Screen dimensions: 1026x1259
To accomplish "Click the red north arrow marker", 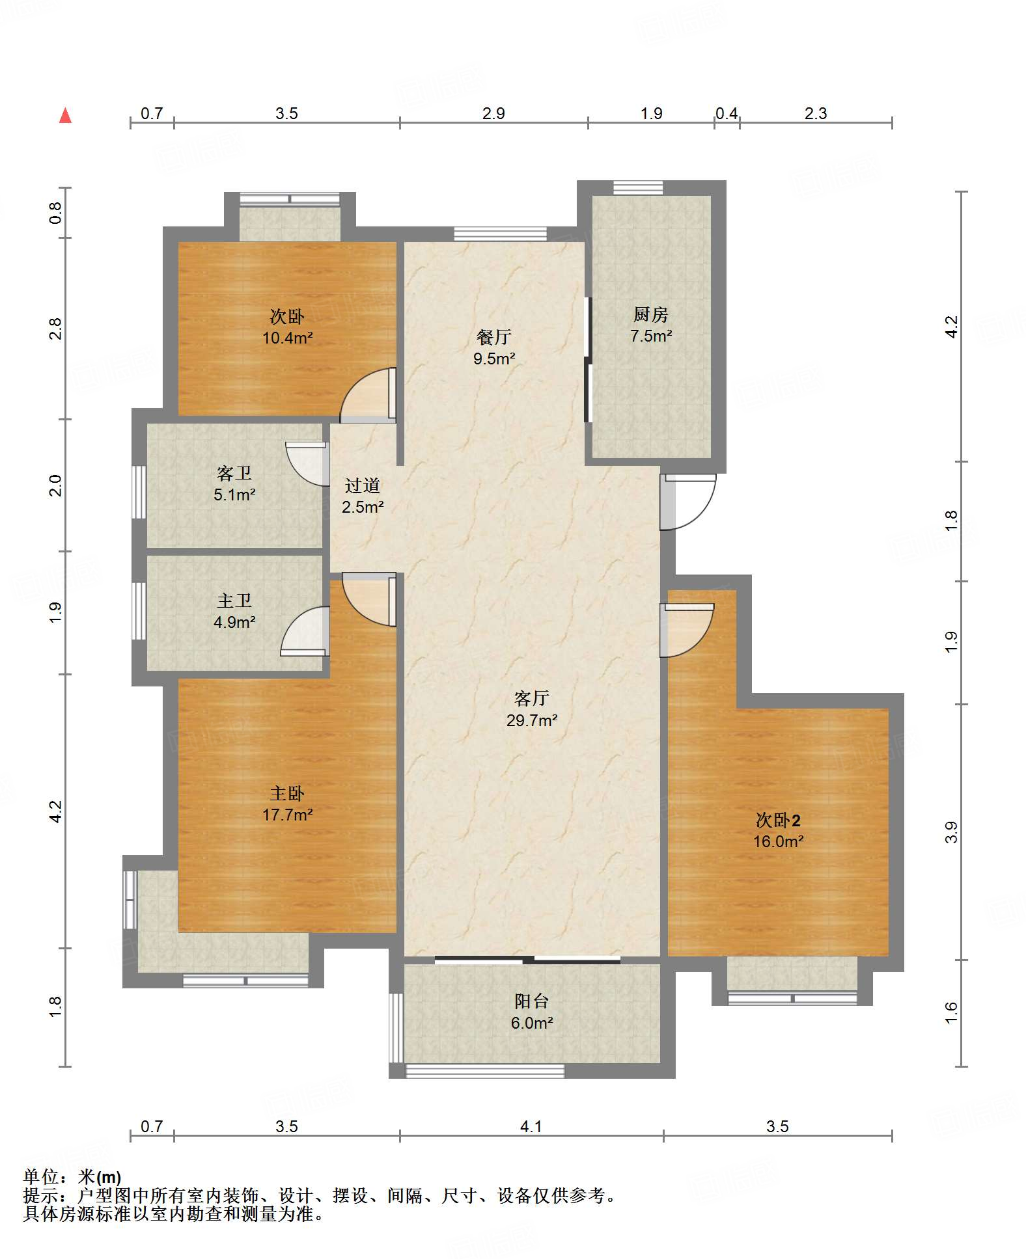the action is point(65,116).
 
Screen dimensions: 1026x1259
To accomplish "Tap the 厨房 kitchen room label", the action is point(650,315).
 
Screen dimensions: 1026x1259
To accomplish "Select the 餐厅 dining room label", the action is point(494,337).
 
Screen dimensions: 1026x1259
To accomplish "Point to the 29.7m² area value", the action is point(532,720).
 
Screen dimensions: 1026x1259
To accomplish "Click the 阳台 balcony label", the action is point(532,1001).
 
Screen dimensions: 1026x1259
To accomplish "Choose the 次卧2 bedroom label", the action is point(778,820).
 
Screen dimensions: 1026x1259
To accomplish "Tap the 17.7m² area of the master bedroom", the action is point(288,815).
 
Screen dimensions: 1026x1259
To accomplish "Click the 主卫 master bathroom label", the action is point(234,601).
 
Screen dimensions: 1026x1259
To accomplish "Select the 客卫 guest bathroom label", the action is point(234,473).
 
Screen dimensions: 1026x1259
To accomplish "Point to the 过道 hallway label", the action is point(363,485).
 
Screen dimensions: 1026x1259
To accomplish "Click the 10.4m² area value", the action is point(288,338).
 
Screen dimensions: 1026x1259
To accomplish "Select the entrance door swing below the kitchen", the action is point(688,502).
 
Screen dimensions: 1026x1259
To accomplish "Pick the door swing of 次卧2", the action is point(687,630).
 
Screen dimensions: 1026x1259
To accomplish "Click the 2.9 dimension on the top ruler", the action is point(494,114).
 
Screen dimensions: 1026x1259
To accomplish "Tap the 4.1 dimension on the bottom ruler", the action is point(531,1126).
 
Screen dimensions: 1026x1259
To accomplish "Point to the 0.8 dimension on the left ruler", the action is point(56,213).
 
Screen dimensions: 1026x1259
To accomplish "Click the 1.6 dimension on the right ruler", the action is point(952,1013).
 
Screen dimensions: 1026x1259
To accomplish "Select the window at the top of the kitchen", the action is point(638,187).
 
